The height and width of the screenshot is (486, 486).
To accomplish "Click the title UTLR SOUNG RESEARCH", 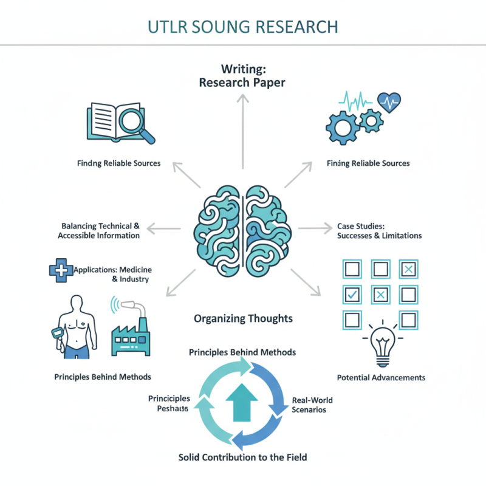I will click(x=242, y=27).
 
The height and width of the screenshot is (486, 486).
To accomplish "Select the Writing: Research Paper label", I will click(x=242, y=75).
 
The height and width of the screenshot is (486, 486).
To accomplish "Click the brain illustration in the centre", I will click(x=242, y=230).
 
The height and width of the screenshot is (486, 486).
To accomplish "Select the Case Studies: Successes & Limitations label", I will click(x=379, y=231).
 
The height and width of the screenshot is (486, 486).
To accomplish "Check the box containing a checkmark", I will click(x=352, y=295).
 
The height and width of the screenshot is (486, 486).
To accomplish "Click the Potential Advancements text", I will click(x=381, y=377).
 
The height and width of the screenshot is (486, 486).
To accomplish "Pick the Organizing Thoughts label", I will click(x=243, y=318).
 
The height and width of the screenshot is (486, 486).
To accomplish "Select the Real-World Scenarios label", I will click(x=312, y=405).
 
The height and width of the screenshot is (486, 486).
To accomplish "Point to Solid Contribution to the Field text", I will click(x=242, y=456).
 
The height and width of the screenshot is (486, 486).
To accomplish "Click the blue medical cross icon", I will click(x=58, y=269).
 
